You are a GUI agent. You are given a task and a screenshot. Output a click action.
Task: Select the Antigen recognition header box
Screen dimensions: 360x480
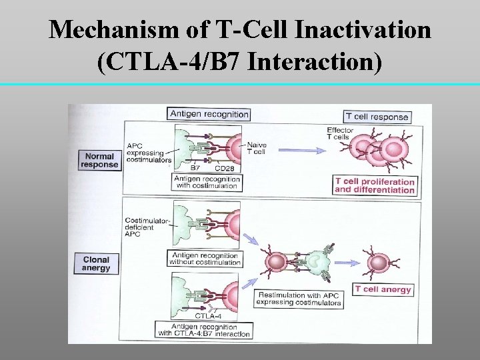click(209, 114)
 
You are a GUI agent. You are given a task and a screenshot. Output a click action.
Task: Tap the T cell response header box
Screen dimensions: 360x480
click(377, 117)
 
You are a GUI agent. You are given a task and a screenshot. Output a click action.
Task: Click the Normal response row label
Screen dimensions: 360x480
click(99, 161)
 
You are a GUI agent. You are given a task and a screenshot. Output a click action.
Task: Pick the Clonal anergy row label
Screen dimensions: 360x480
click(96, 263)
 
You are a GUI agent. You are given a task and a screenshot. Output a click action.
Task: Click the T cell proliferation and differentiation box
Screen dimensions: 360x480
click(375, 185)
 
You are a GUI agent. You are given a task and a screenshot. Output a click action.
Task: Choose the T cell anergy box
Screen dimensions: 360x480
click(383, 289)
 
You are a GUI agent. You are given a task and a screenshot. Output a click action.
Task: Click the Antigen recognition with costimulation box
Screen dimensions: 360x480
click(206, 183)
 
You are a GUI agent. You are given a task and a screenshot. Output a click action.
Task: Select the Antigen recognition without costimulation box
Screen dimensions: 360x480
click(205, 259)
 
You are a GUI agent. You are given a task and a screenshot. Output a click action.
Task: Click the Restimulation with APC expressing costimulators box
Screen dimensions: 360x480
click(299, 299)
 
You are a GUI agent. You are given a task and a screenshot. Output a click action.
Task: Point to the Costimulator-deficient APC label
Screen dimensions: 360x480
click(143, 223)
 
